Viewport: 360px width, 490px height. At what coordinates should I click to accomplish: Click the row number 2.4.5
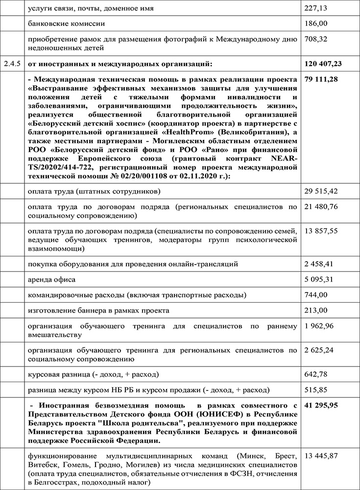[12, 63]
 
